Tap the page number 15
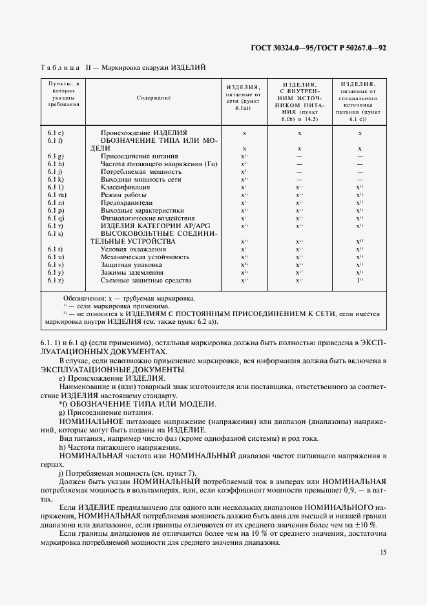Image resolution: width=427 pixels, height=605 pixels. coord(383,553)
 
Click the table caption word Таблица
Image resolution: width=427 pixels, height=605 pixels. coord(60,68)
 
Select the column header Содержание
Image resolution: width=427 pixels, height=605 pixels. coord(154,98)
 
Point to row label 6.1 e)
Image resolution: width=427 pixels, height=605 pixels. coord(55,133)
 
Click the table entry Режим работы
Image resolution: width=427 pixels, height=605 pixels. coord(125,195)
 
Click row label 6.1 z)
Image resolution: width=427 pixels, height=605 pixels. coord(55,281)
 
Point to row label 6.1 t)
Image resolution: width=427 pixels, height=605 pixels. coord(55,249)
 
